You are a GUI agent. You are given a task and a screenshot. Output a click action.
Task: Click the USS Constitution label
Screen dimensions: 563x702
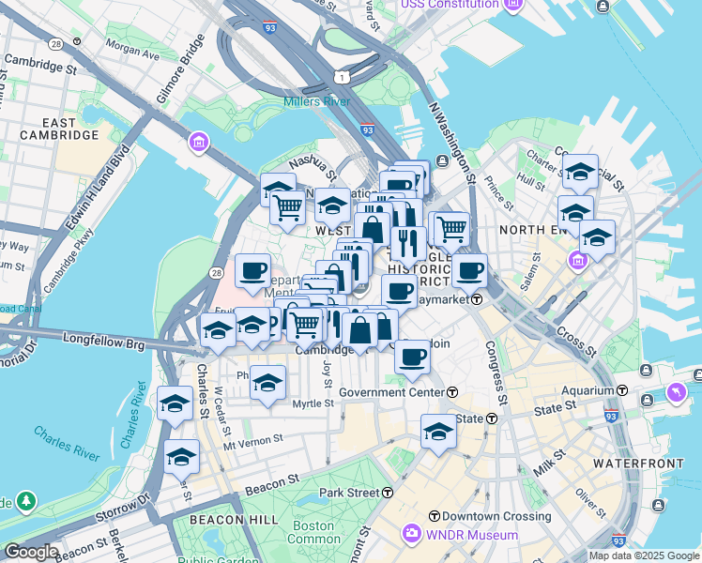point(450,5)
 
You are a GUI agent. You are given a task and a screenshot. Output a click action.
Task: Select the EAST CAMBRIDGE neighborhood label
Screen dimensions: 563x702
point(57,129)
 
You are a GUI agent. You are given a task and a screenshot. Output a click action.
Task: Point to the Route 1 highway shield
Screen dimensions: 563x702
point(341,75)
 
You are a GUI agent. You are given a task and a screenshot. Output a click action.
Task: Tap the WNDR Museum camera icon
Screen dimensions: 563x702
point(411,535)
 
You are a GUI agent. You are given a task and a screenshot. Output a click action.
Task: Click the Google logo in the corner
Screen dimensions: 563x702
point(31,552)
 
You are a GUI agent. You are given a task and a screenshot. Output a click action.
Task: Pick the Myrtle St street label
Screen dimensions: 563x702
point(313,403)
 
